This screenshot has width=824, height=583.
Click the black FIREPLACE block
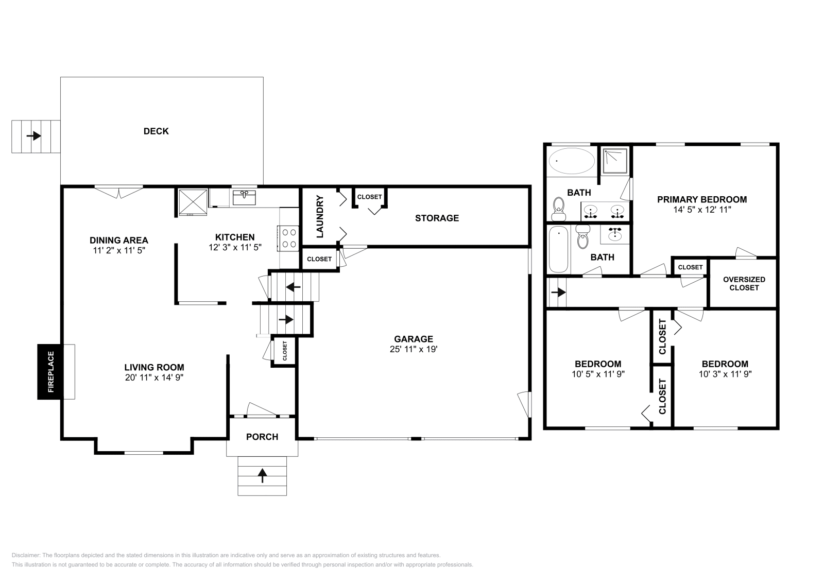coord(50,372)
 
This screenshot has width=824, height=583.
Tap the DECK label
coord(156,131)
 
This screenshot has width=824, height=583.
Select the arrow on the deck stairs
coord(34,136)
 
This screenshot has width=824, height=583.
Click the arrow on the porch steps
coord(262,475)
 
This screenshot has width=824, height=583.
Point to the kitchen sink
coord(244,197)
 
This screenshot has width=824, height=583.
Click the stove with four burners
coord(288,238)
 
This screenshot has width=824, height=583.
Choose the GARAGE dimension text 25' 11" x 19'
coord(414,349)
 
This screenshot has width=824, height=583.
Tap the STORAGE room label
coord(437,218)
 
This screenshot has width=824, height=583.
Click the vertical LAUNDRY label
coord(319,216)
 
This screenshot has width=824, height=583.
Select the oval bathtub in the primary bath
coord(572,161)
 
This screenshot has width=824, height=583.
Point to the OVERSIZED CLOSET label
coord(744,283)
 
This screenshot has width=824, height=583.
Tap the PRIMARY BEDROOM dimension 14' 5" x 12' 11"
coord(702,210)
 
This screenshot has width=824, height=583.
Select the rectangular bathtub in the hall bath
coord(558,249)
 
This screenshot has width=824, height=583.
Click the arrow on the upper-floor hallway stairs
coord(558,293)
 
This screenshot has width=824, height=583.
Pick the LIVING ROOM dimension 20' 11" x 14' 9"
coord(154,378)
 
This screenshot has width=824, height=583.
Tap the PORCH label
coord(262,437)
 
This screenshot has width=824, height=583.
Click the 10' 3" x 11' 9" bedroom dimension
coord(725,374)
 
